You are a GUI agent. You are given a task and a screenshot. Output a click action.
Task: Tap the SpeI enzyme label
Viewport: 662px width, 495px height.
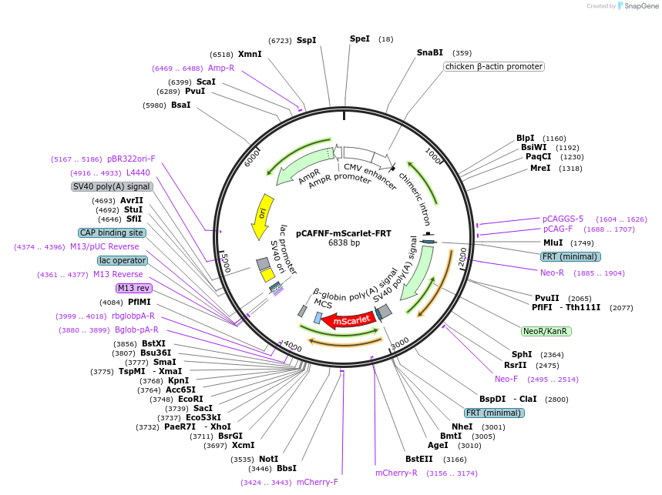[x=360, y=38]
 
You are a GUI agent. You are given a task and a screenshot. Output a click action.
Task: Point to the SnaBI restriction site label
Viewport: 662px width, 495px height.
[x=430, y=52]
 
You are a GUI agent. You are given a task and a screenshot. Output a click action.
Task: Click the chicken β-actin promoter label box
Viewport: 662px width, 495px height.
[x=494, y=67]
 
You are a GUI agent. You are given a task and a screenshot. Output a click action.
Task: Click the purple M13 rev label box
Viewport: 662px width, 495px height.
[x=134, y=289]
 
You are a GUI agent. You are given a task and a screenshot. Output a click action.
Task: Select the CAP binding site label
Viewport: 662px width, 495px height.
[x=113, y=232]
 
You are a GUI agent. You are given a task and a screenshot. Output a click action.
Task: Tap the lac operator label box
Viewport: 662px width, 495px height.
[x=123, y=260]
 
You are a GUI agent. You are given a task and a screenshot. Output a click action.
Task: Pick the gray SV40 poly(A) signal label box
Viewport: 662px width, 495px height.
[x=112, y=187]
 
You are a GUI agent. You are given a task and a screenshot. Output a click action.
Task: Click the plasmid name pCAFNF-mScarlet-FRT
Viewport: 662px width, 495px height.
[x=344, y=233]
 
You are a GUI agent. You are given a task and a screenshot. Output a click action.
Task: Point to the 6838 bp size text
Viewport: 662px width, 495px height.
[x=344, y=242]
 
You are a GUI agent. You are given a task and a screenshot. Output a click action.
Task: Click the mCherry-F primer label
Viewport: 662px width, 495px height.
[x=318, y=483]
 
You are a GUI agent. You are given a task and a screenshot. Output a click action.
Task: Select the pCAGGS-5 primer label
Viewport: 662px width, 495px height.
[x=563, y=219]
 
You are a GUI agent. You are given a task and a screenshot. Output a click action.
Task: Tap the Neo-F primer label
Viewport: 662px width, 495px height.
[x=506, y=379]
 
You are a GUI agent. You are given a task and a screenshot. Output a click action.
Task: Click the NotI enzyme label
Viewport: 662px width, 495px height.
[x=268, y=459]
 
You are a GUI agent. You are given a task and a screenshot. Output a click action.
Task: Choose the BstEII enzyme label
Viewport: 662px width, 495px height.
[x=419, y=459]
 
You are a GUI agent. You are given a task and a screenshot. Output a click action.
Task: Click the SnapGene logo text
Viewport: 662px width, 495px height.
[x=641, y=6]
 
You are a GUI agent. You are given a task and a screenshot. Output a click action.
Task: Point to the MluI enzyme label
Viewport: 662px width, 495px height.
[x=553, y=242]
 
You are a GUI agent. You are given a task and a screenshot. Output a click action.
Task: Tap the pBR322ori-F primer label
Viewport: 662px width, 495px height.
[x=131, y=159]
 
